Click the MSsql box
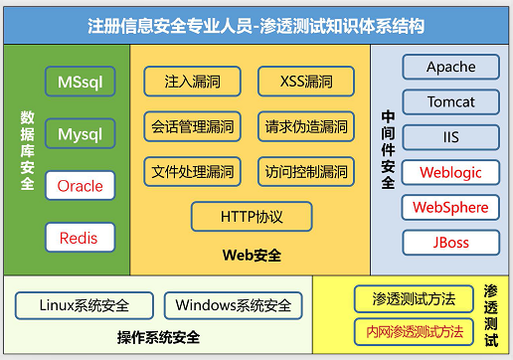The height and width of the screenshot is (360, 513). click(x=80, y=81)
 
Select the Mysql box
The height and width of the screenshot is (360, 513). click(x=80, y=133)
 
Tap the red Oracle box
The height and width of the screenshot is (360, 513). click(x=80, y=185)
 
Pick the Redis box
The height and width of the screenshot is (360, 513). click(x=80, y=238)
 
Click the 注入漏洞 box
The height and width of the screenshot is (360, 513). click(x=193, y=81)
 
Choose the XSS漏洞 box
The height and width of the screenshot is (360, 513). click(x=306, y=81)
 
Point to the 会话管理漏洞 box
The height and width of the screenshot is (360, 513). click(x=193, y=126)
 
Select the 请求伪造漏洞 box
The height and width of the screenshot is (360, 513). click(x=306, y=126)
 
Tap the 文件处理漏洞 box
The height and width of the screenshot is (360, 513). click(x=193, y=171)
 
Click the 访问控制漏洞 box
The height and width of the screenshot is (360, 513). click(x=306, y=171)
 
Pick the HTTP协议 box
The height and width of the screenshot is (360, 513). click(x=251, y=215)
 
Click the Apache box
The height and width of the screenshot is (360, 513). click(x=450, y=68)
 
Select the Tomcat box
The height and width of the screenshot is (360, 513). click(x=450, y=102)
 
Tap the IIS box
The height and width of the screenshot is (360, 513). click(x=450, y=137)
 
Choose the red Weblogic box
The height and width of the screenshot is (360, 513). click(x=450, y=172)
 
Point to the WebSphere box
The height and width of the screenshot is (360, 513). click(x=450, y=207)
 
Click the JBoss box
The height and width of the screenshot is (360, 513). click(x=450, y=242)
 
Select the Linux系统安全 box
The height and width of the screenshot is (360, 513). click(x=85, y=305)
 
